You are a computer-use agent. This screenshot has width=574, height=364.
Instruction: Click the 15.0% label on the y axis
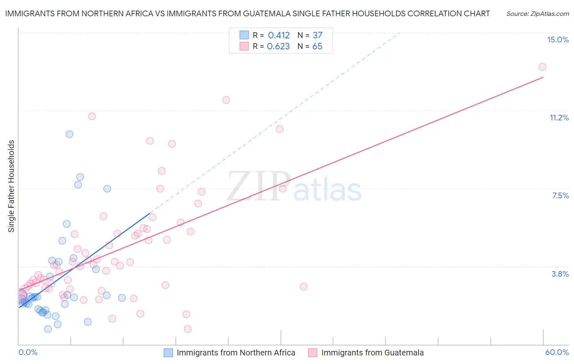point(558,40)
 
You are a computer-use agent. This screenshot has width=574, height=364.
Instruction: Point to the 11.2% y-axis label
point(559,118)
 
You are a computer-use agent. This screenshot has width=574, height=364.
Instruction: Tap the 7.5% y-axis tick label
point(560,195)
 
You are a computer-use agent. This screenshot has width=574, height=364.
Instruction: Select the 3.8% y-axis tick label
point(560,274)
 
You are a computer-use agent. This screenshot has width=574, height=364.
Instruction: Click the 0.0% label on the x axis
point(28,352)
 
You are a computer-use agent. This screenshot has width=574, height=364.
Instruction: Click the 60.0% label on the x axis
point(557,352)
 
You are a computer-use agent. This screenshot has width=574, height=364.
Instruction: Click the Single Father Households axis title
point(11,186)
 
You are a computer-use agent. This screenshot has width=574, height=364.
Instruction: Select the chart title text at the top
point(247,13)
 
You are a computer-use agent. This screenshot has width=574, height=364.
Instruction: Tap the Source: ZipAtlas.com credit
point(537,13)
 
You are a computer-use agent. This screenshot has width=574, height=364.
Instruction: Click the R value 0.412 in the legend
point(278,36)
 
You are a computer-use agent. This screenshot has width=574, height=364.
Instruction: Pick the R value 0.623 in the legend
point(278,47)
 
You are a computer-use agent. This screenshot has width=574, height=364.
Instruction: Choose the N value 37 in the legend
point(317,36)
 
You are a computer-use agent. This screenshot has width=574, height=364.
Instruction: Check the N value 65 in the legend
point(317,47)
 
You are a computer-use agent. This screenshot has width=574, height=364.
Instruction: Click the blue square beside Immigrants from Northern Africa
point(169,353)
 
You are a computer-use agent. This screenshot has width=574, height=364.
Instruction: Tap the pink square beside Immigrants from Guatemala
point(313,353)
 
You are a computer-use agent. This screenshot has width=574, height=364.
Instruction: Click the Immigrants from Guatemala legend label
point(372,353)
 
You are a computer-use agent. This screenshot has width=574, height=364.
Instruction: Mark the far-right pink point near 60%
point(542,67)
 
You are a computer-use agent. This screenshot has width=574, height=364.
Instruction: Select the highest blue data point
point(69,134)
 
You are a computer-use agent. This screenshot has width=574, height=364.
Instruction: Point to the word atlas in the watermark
point(327,190)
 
